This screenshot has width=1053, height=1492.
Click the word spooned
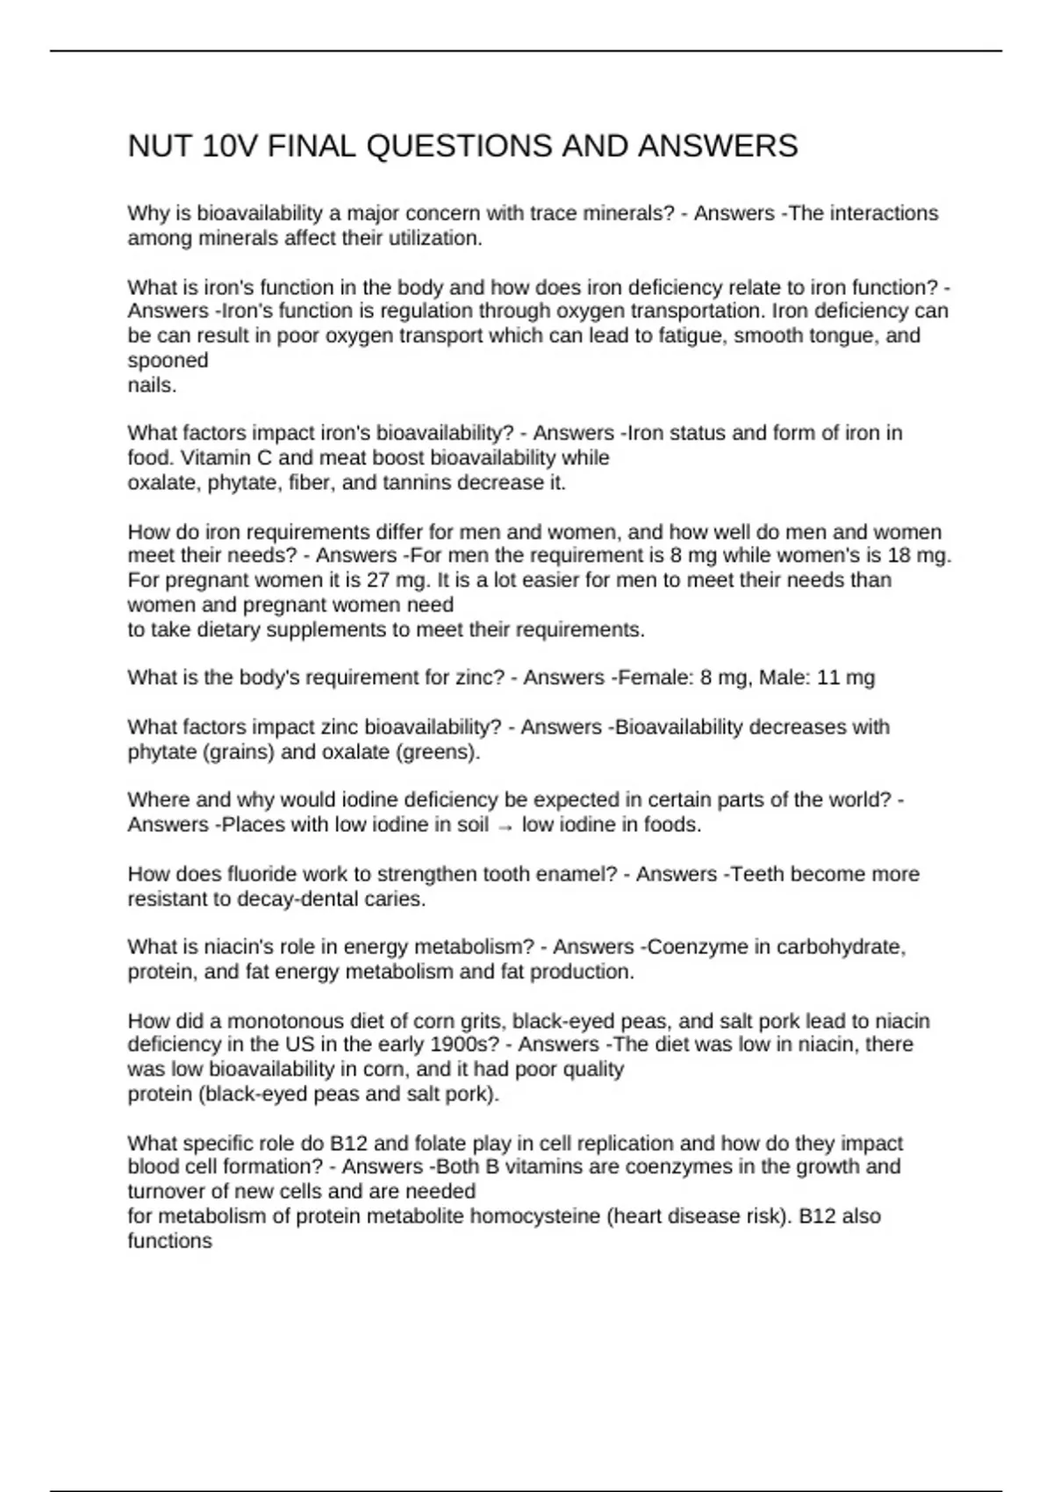pos(168,360)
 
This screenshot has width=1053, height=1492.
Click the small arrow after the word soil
pos(505,826)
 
